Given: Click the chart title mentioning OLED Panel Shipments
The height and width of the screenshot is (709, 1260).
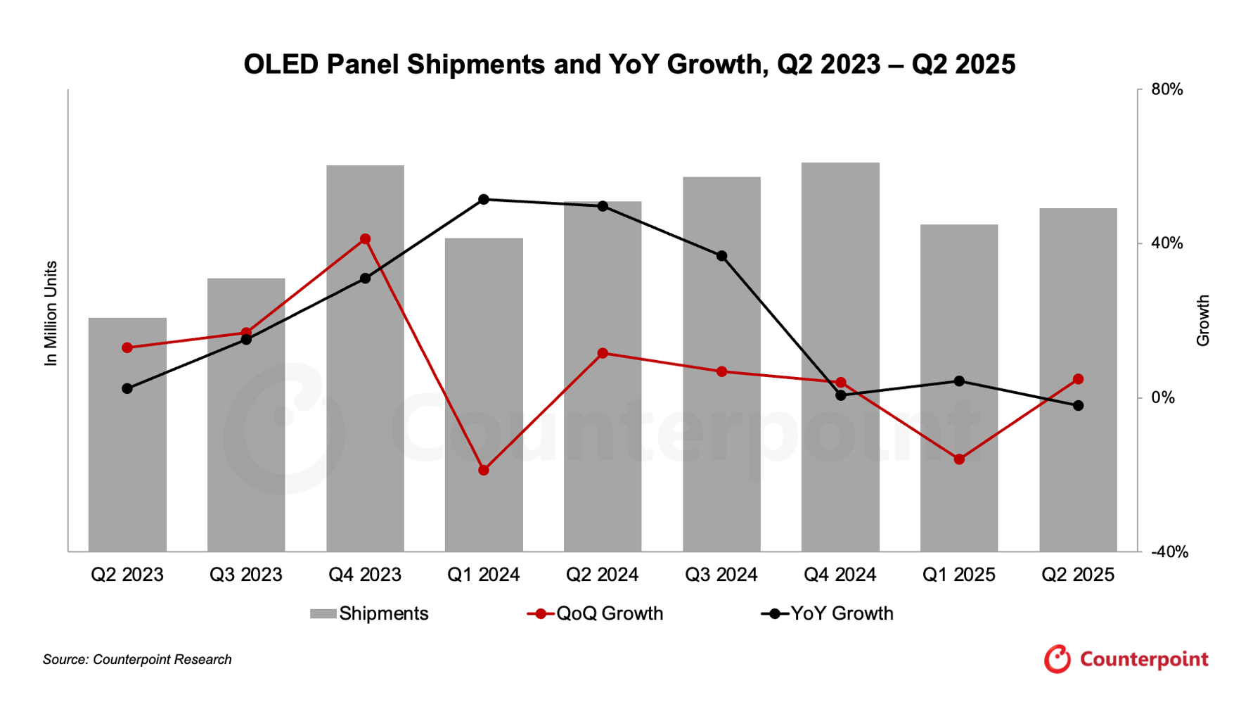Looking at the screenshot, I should [x=629, y=65].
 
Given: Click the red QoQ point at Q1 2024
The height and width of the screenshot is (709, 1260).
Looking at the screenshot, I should [x=484, y=470].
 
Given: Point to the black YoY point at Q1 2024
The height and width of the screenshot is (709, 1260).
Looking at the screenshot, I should [x=484, y=200].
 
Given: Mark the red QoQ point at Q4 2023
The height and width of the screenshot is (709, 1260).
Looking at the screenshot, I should [x=365, y=239].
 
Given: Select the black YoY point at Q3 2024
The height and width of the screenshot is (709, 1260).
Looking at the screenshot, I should [x=721, y=256].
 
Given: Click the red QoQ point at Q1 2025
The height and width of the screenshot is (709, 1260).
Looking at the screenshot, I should [x=959, y=459].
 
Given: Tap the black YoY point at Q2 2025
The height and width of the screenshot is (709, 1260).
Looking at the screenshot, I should [x=1078, y=406].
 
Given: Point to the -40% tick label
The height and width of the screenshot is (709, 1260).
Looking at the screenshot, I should [x=1169, y=552].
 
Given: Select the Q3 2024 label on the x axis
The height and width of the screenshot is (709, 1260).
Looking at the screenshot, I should [x=721, y=575].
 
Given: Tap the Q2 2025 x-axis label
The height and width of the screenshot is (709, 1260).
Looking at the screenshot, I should [x=1078, y=575].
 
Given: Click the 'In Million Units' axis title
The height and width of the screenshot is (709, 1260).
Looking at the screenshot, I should [x=51, y=314].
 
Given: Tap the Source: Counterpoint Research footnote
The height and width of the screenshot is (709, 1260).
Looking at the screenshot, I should [x=137, y=660].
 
